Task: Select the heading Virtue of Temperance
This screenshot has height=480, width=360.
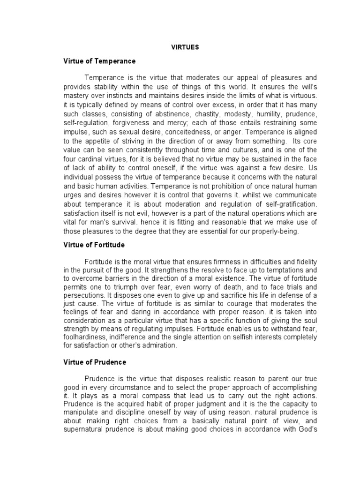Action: (x=99, y=61)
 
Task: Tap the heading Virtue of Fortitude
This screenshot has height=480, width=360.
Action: (x=94, y=245)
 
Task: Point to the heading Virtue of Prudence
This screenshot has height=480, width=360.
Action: (x=95, y=362)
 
